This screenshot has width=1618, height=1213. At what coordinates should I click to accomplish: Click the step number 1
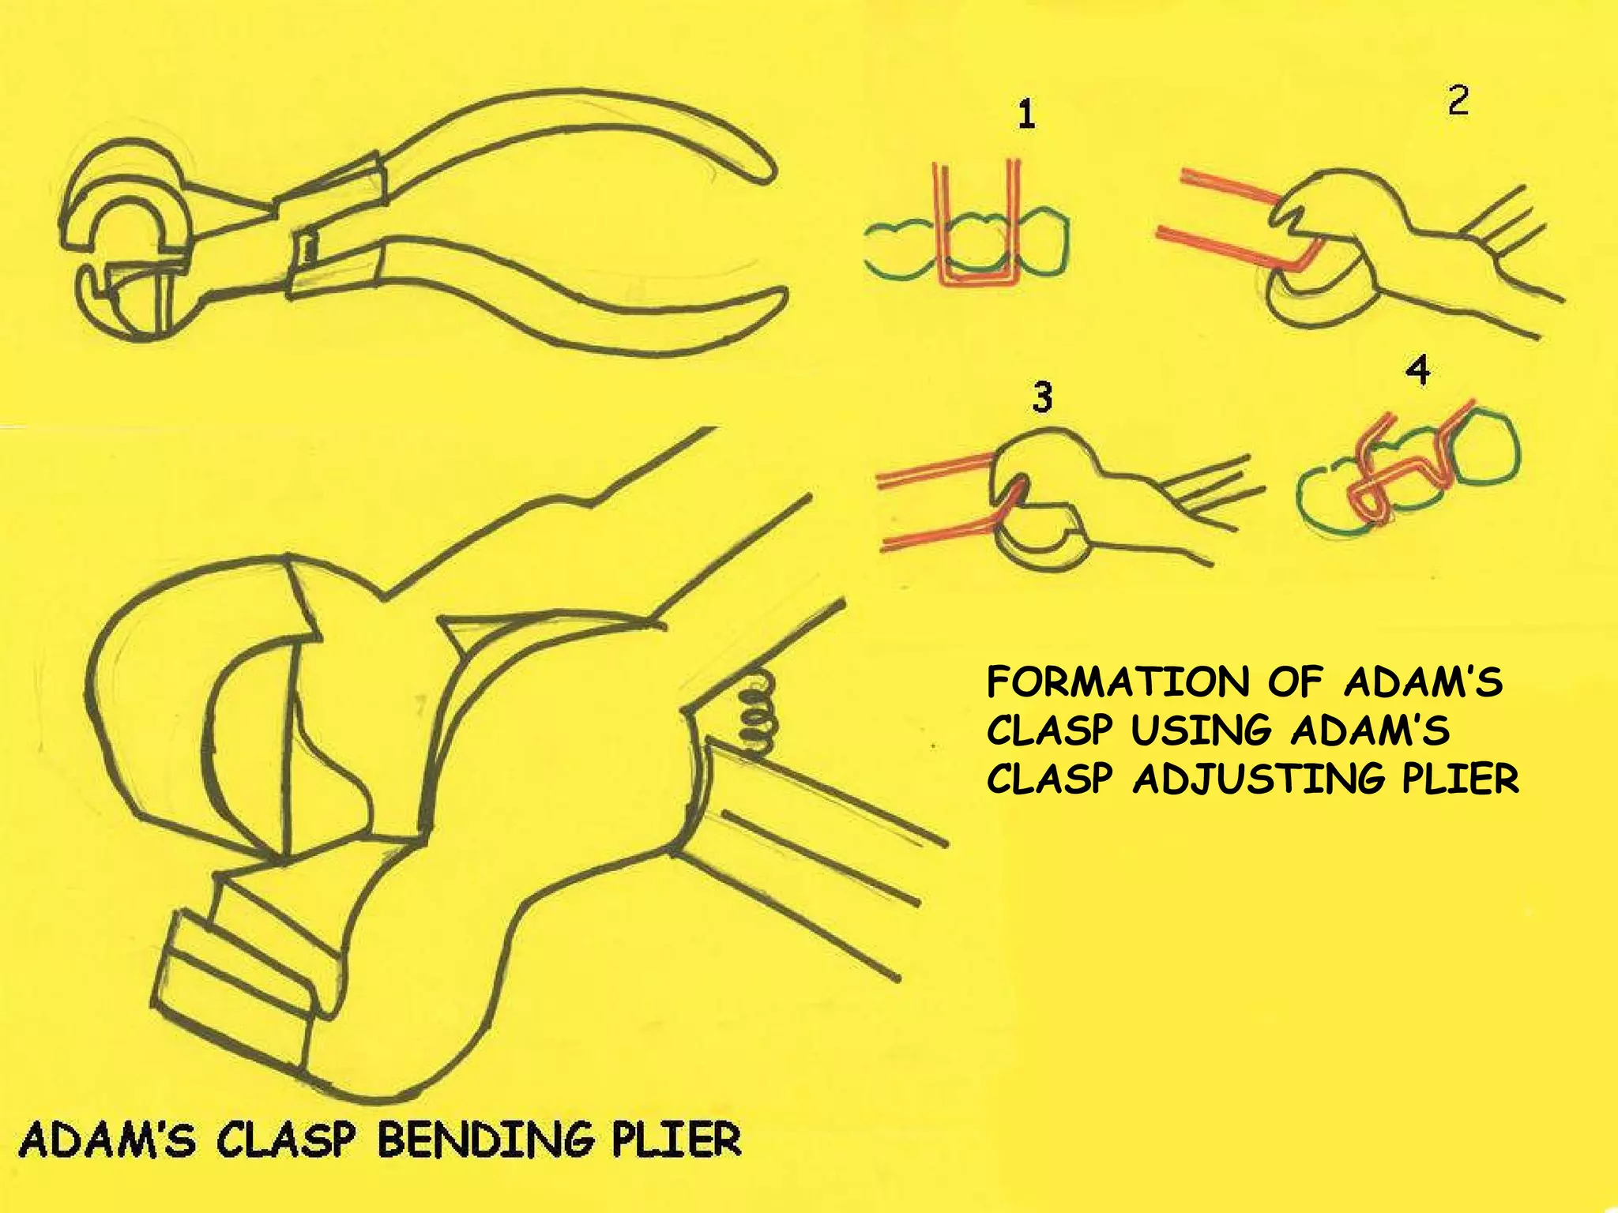pos(1025,115)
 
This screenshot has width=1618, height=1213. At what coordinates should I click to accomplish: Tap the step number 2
pos(1458,101)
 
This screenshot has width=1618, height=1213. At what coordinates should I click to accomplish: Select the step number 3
pos(1042,396)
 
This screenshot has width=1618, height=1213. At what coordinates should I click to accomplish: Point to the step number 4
pos(1418,370)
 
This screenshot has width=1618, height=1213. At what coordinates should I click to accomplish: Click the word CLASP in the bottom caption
pos(285,1140)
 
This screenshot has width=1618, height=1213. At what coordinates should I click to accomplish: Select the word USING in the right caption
pos(1200,730)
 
